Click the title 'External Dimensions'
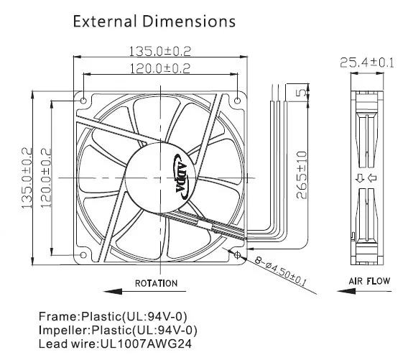(x=154, y=22)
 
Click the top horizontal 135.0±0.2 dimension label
(x=160, y=51)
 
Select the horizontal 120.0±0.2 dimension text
(x=160, y=69)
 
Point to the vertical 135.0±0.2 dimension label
(x=27, y=178)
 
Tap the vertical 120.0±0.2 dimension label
(x=46, y=178)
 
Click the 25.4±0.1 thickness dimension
(x=367, y=63)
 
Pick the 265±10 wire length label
(x=302, y=175)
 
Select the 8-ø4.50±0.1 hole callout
(x=280, y=271)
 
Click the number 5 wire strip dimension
(x=302, y=93)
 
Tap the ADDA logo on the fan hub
(x=182, y=177)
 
